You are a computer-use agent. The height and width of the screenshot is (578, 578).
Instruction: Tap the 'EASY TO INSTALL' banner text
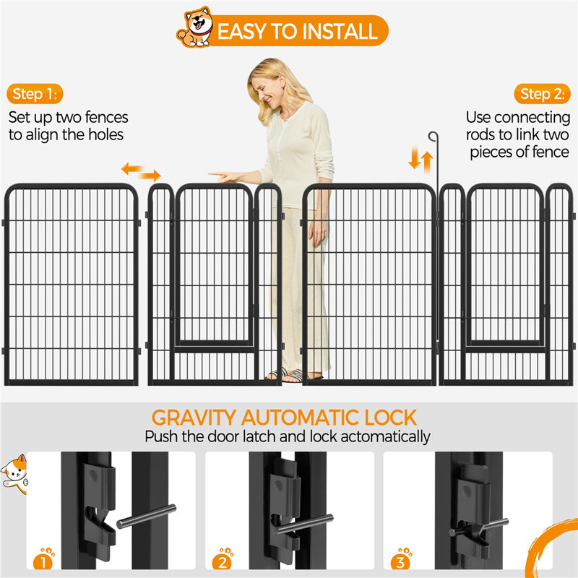(297, 31)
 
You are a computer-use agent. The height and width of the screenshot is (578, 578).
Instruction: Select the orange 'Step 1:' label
(37, 94)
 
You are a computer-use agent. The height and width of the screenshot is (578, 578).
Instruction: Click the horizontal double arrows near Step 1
(141, 171)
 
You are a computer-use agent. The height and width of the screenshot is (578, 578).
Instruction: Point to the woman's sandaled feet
(292, 374)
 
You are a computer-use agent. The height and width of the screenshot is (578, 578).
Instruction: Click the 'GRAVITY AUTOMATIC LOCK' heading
(284, 417)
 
